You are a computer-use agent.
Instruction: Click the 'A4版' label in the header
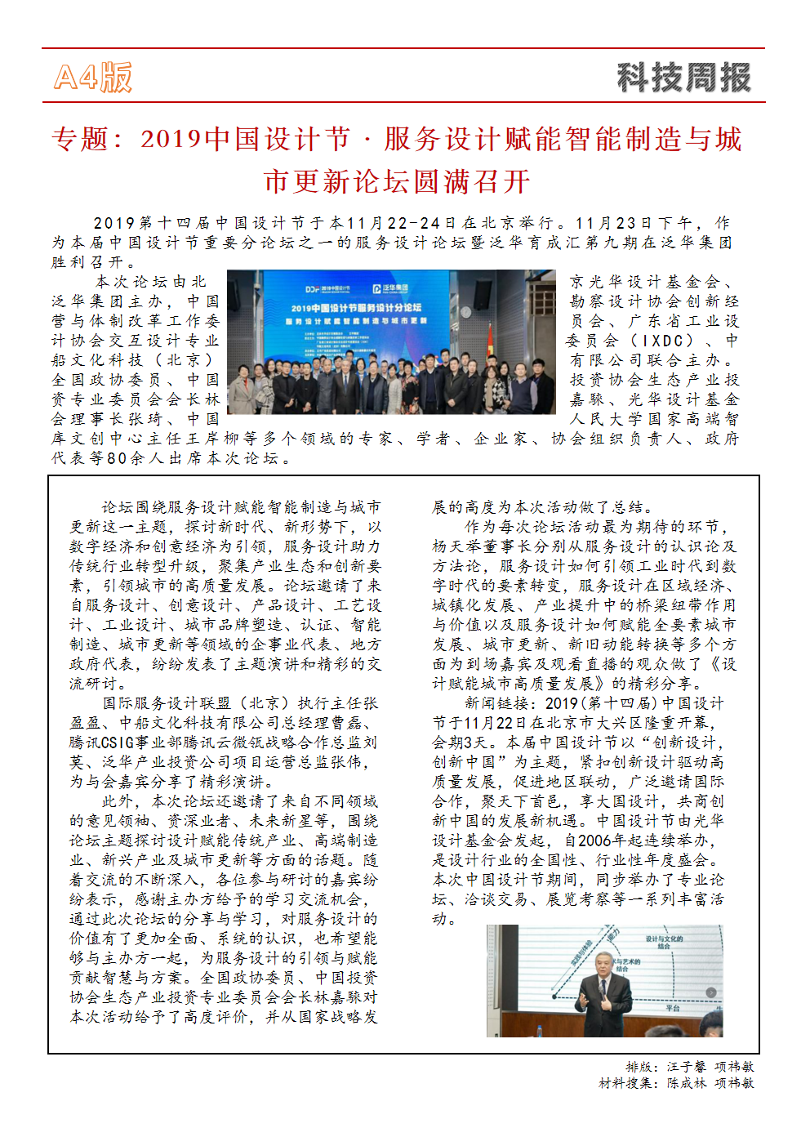[92, 78]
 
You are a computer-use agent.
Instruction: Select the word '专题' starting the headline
[80, 140]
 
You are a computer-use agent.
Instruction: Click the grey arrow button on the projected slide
[711, 992]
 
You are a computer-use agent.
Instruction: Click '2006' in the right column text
[594, 841]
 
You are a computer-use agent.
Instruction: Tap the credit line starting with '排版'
[690, 1067]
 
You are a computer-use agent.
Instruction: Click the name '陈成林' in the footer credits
[687, 1083]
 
